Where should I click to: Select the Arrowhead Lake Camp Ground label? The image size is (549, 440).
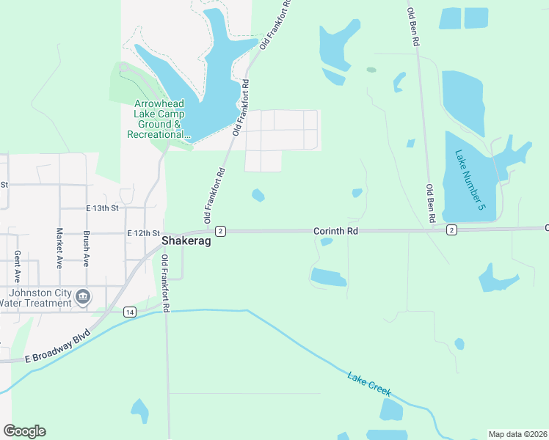click(x=159, y=120)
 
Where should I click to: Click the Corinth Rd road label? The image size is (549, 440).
click(x=335, y=230)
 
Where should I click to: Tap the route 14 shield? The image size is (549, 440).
click(x=129, y=312)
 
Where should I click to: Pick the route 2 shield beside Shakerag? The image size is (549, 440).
click(x=220, y=231)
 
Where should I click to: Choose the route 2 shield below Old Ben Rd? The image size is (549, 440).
click(x=451, y=230)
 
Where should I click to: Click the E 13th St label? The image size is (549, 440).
click(x=101, y=208)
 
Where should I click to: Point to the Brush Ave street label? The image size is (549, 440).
click(x=86, y=249)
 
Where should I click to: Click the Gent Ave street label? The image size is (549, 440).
click(x=17, y=266)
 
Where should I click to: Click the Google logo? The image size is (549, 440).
click(x=24, y=431)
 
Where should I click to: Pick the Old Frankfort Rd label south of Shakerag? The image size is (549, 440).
click(x=166, y=284)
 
